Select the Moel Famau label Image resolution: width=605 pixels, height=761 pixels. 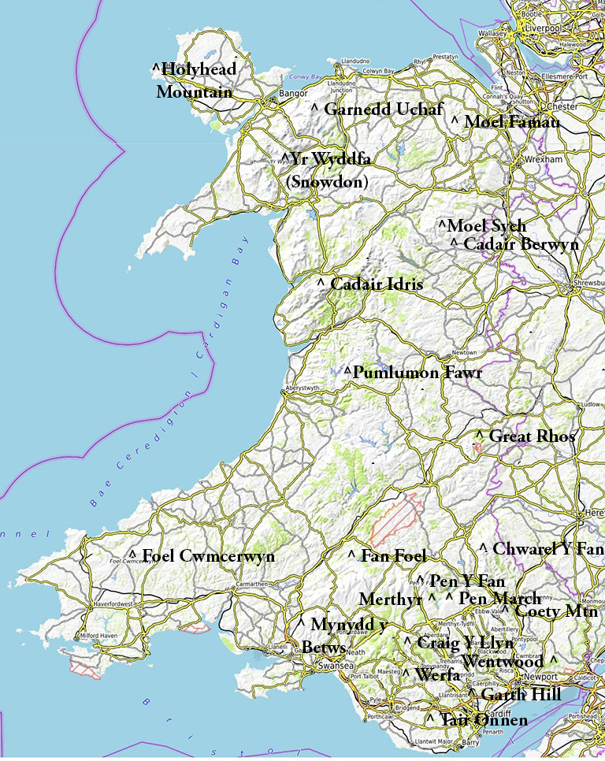coord(511,122)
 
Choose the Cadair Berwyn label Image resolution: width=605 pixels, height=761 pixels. coord(521,244)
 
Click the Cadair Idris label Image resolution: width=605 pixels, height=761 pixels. coord(376,284)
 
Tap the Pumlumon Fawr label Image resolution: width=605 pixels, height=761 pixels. coord(417,373)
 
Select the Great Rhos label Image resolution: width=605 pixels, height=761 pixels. coord(533,436)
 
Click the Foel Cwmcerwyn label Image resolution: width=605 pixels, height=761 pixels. coord(208,556)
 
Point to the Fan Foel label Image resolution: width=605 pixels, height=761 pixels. coord(393,556)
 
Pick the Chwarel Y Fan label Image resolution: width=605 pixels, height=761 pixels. coord(547,548)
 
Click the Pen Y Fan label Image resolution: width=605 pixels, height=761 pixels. coord(466,581)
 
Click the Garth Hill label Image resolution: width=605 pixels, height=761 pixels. coord(521,695)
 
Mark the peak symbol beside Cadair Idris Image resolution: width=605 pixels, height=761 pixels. coord(321,281)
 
